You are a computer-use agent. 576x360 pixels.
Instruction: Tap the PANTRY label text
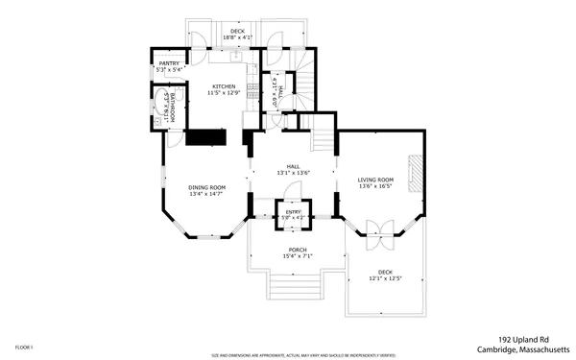[x=169, y=63]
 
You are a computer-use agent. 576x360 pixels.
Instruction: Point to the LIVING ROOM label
[x=376, y=180]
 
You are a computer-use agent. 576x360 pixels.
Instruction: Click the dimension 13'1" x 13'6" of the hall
[x=293, y=173]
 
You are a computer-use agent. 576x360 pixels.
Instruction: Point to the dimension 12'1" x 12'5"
[x=385, y=278]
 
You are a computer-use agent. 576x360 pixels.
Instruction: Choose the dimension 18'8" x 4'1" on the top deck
[x=235, y=37]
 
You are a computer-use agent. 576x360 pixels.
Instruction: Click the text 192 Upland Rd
[x=523, y=339]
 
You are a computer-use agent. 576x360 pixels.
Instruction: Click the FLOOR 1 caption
[x=24, y=347]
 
